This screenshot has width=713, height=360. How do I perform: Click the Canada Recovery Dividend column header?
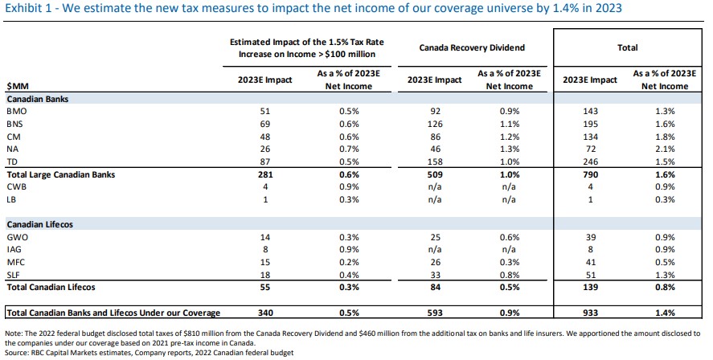pos(466,48)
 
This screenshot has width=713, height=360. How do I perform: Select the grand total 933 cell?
pos(592,312)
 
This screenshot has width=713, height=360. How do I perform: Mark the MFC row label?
pos(16,261)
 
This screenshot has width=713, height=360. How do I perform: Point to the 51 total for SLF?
pos(592,273)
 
